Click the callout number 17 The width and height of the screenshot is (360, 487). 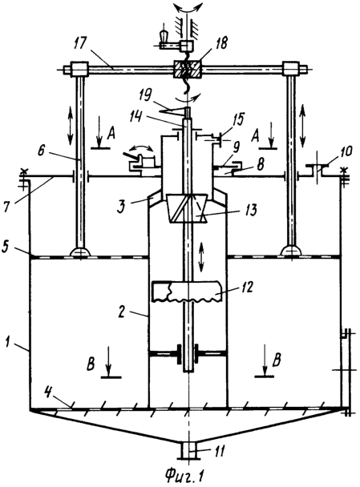tap(81, 44)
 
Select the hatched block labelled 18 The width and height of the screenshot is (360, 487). tap(187, 69)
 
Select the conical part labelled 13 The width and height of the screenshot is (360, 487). tap(188, 209)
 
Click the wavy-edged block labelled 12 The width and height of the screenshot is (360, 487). tap(187, 292)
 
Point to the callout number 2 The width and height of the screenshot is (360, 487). tap(122, 312)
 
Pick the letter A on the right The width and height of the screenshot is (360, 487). tap(256, 136)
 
